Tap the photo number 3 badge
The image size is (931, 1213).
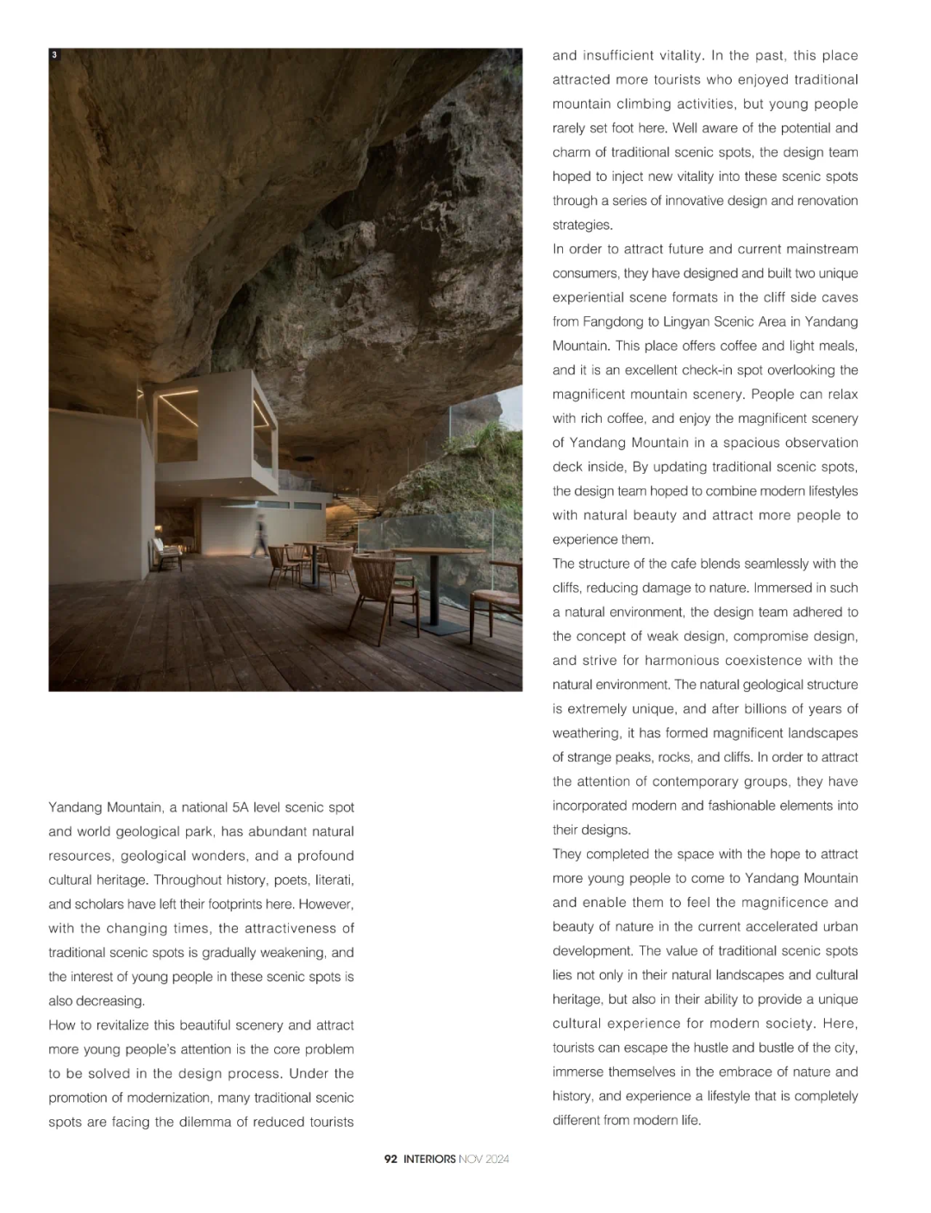[54, 55]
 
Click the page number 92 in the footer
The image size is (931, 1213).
[391, 1159]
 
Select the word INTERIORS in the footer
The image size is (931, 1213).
[429, 1159]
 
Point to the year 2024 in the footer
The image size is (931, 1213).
[497, 1159]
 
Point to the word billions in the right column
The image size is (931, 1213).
[755, 708]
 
